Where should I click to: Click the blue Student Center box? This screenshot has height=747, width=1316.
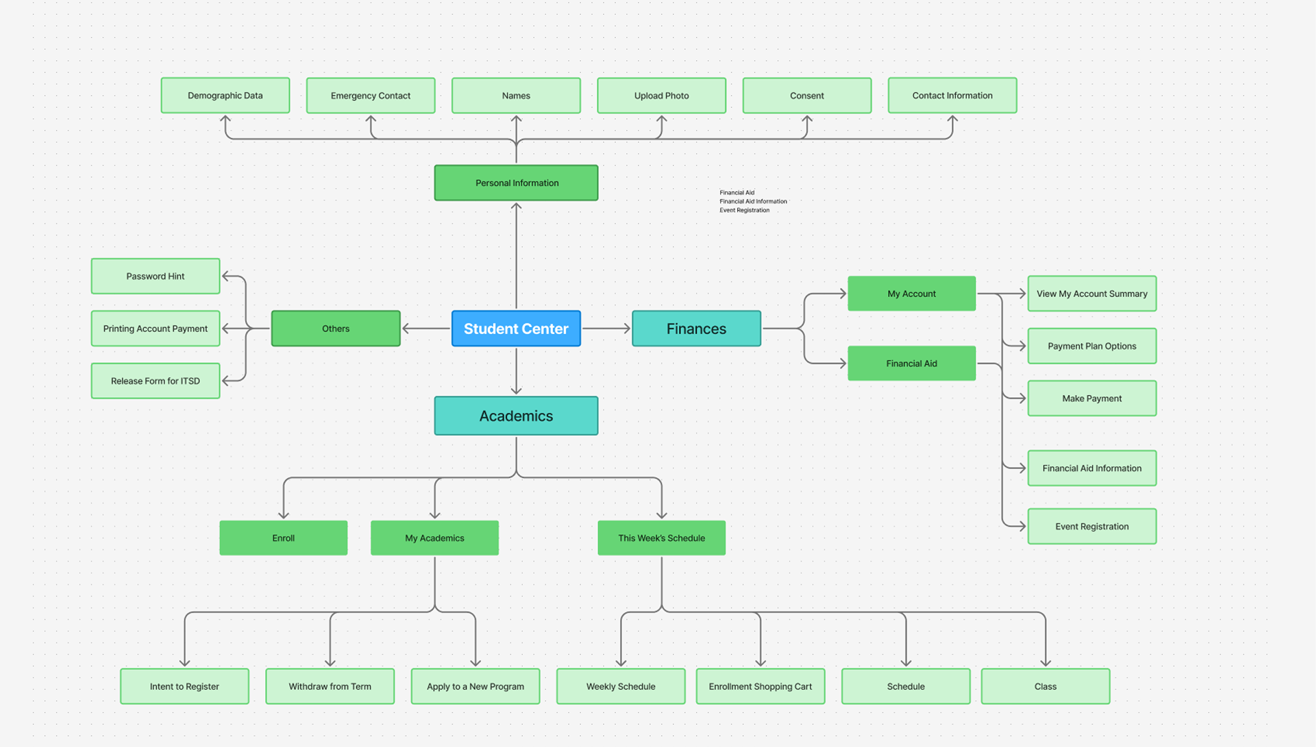516,329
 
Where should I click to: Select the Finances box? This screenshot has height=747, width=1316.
696,329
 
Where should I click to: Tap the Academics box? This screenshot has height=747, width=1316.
516,416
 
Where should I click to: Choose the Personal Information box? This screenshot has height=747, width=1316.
516,183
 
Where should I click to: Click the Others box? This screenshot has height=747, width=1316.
335,329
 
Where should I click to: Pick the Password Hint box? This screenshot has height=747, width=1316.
155,276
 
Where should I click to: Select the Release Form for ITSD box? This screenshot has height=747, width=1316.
155,381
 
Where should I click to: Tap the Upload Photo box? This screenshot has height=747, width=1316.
661,95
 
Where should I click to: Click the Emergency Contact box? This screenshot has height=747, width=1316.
370,95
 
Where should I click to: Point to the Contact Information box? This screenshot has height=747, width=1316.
952,95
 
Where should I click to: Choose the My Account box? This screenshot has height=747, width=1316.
911,294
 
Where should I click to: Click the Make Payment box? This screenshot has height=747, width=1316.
1091,398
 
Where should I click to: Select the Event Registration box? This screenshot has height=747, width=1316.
1091,526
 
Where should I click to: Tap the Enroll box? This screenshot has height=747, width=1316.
283,538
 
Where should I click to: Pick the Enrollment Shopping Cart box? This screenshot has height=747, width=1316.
760,686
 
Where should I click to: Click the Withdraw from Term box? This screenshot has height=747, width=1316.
330,686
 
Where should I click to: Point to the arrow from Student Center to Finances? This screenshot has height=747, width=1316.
606,329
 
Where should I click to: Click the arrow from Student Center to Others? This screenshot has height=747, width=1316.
426,329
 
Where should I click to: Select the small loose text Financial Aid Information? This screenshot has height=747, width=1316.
753,201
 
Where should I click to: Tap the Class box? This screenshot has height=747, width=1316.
1045,686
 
